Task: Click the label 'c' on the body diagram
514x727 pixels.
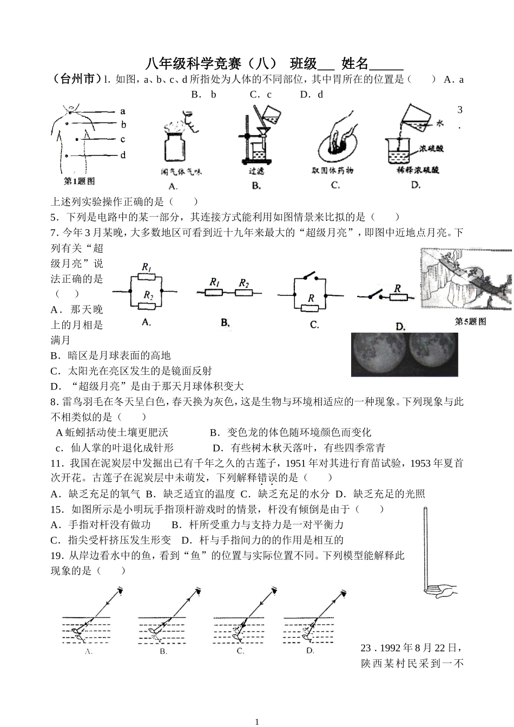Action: point(123,139)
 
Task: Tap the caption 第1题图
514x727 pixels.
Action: point(80,181)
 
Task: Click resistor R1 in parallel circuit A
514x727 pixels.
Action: point(147,276)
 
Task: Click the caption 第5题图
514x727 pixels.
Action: point(470,322)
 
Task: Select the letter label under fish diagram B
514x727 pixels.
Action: point(163,651)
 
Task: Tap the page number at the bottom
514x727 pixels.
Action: point(257,722)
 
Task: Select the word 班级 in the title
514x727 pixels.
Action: point(304,64)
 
